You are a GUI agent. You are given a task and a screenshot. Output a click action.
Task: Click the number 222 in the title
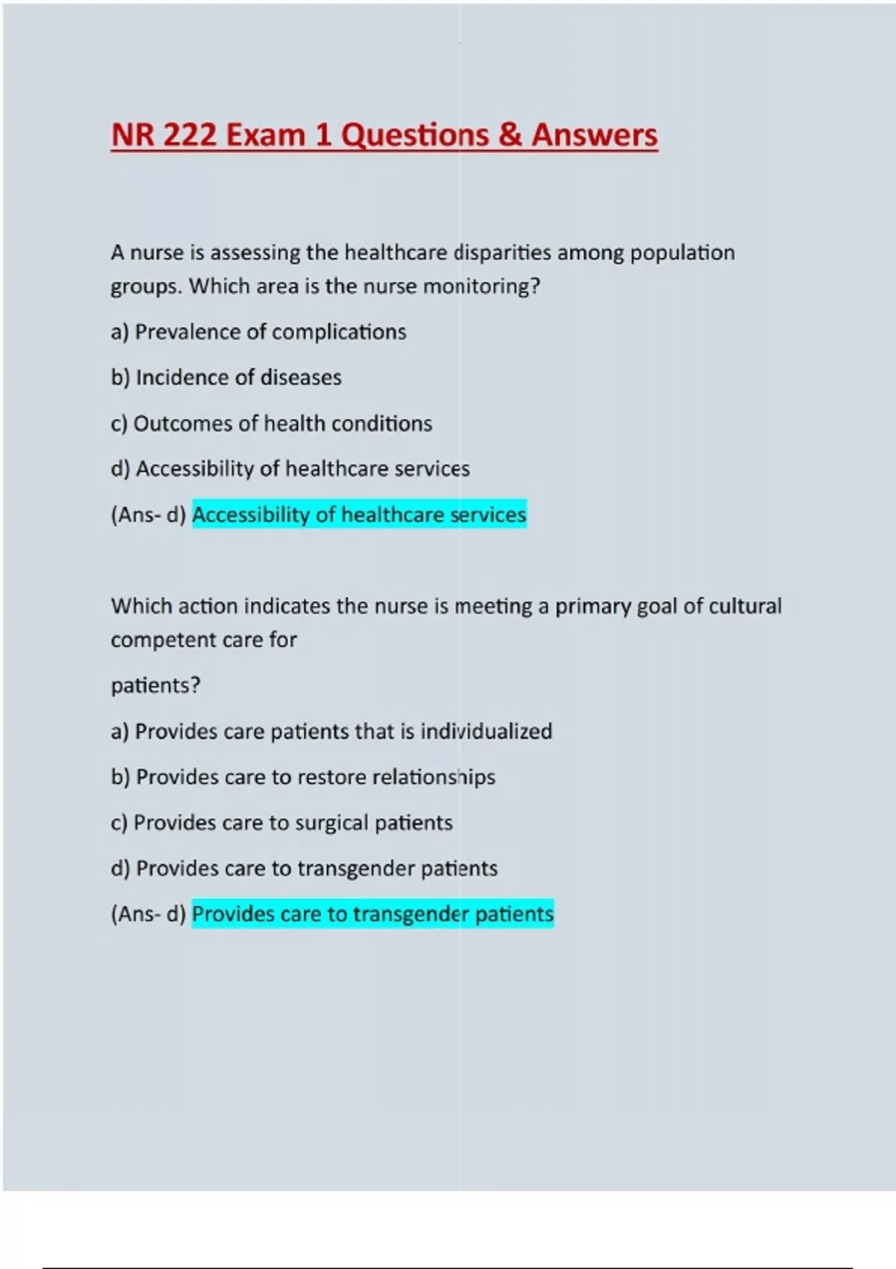(x=190, y=135)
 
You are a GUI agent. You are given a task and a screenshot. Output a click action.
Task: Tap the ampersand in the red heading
(x=510, y=135)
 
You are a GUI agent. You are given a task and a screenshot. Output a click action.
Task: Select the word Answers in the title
(x=594, y=135)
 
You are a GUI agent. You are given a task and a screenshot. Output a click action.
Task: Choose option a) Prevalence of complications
(x=258, y=332)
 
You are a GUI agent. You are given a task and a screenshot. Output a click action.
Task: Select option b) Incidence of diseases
(x=226, y=378)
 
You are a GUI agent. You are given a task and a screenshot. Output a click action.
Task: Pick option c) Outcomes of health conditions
(x=271, y=424)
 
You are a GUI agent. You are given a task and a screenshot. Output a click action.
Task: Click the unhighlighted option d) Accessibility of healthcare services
(x=290, y=469)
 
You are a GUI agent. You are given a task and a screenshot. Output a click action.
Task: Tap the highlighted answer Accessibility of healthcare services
(x=359, y=514)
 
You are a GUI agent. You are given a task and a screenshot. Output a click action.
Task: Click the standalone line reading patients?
(x=155, y=685)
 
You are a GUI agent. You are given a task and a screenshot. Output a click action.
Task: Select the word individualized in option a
(x=486, y=732)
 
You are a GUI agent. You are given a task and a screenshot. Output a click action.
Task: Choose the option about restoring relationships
(x=302, y=777)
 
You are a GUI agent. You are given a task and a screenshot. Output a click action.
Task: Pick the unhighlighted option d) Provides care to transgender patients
(x=304, y=869)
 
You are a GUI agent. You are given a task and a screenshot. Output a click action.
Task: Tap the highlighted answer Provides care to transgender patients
(x=373, y=914)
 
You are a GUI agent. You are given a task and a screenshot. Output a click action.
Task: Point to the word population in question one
(x=682, y=253)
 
